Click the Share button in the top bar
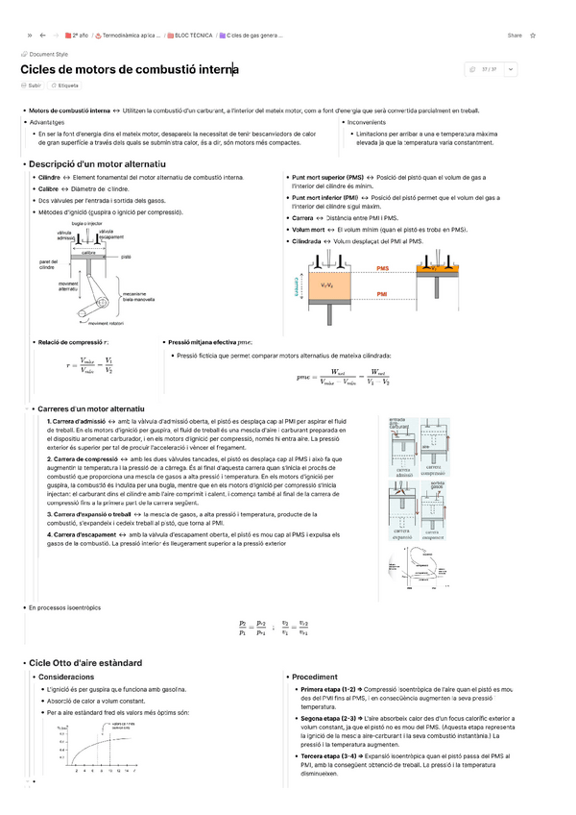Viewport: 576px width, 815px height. (515, 36)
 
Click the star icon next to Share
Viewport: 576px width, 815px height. (533, 36)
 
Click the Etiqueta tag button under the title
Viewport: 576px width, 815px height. (65, 86)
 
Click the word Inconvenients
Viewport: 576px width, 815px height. (371, 123)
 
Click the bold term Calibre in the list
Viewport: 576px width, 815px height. (49, 189)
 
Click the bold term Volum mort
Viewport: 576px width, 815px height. (308, 230)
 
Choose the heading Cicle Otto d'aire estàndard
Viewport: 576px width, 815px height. (85, 662)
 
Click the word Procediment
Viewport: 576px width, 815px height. (315, 677)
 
